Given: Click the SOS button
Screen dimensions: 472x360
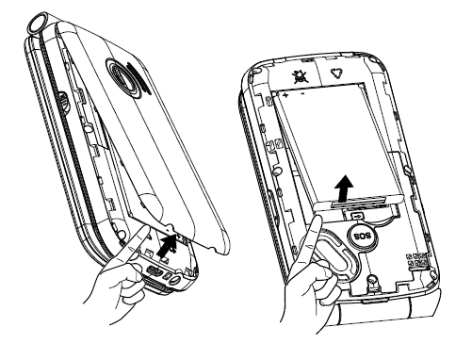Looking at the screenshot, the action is click(x=363, y=236).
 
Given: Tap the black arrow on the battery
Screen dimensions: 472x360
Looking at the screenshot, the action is click(x=345, y=188).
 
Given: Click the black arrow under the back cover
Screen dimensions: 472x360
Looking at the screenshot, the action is click(x=167, y=246).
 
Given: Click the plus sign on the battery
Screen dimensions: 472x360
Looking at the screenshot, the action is click(x=286, y=94).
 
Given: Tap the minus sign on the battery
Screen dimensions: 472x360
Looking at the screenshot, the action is click(x=302, y=93).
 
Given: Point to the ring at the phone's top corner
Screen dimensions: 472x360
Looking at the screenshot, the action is click(x=38, y=23).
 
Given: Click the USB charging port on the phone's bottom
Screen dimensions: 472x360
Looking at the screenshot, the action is click(x=153, y=270).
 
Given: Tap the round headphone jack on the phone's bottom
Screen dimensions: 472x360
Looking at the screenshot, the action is click(x=175, y=279).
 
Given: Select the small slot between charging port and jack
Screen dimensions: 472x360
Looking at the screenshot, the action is click(x=166, y=275).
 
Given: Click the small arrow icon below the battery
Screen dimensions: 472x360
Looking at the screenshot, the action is click(x=357, y=216).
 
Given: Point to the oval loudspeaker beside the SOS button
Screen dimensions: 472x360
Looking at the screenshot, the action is click(x=335, y=256).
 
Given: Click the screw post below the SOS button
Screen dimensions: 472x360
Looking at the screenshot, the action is click(x=372, y=279).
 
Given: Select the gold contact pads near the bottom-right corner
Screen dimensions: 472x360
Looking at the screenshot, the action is click(x=417, y=261).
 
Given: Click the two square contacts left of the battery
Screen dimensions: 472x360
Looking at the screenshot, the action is click(x=271, y=145).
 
